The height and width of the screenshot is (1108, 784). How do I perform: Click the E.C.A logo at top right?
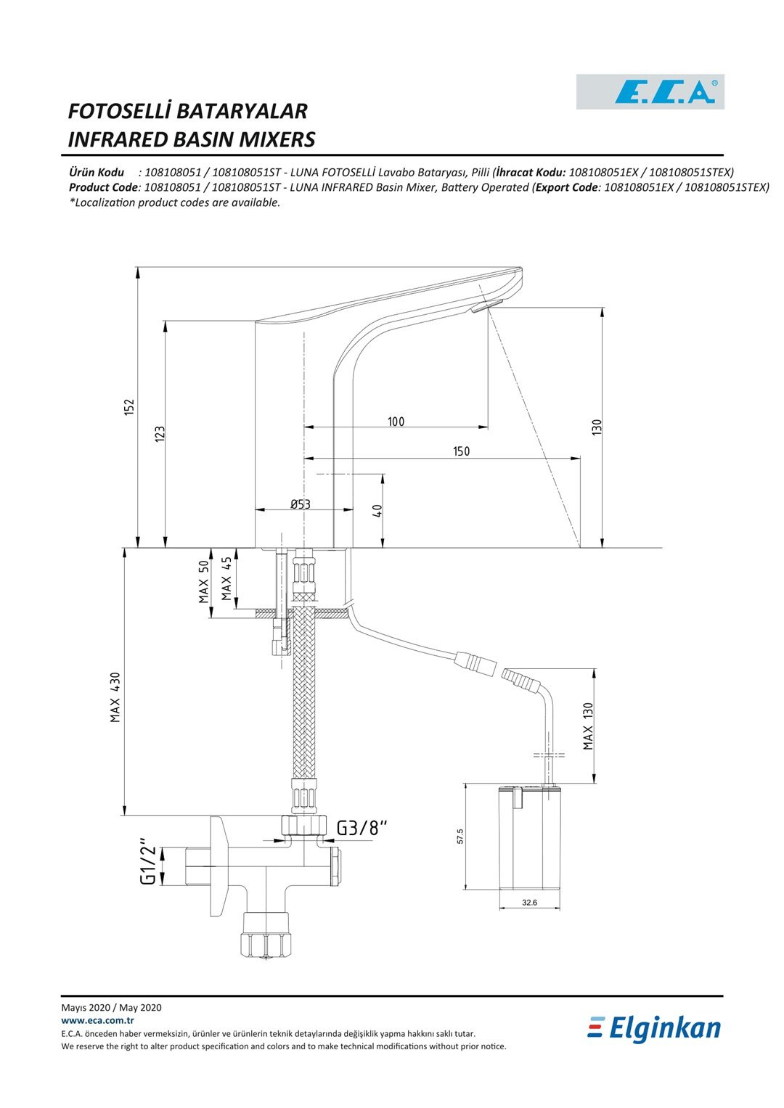(x=650, y=91)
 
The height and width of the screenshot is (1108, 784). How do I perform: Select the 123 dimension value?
(x=160, y=434)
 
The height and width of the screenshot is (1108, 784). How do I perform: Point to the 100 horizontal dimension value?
(x=396, y=422)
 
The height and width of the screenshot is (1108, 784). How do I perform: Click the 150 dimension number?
(x=461, y=451)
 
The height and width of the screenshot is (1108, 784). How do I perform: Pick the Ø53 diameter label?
(x=301, y=504)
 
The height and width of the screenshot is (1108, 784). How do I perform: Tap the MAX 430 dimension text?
(x=115, y=697)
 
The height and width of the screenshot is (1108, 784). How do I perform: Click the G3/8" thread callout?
(x=362, y=827)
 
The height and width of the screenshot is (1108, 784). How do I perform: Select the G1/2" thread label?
(x=149, y=861)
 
